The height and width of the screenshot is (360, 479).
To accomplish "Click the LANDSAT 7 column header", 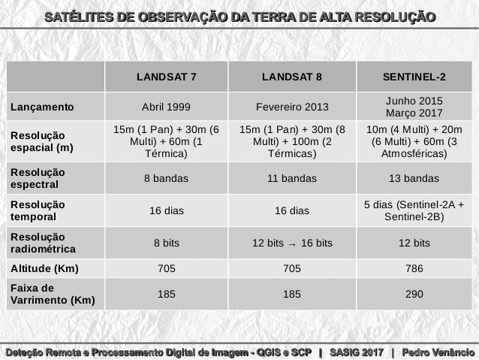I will (x=166, y=77).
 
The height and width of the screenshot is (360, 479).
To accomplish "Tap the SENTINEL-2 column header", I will (x=414, y=77).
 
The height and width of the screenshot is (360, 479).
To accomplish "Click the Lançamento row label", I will (x=42, y=107).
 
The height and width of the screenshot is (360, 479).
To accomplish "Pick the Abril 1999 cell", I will (x=166, y=107).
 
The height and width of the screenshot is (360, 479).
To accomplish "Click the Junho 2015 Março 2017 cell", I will (x=414, y=107).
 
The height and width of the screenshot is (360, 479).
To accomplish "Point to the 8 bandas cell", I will (x=166, y=178).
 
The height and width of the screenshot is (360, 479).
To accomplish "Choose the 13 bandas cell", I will (x=414, y=178).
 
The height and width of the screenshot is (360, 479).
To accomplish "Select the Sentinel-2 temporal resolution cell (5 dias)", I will (x=414, y=210).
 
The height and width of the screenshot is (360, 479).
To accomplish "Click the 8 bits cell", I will (x=166, y=243).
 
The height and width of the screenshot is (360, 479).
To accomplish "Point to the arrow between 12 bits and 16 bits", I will (x=292, y=244).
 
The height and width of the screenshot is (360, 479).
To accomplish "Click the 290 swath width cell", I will (x=414, y=295).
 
